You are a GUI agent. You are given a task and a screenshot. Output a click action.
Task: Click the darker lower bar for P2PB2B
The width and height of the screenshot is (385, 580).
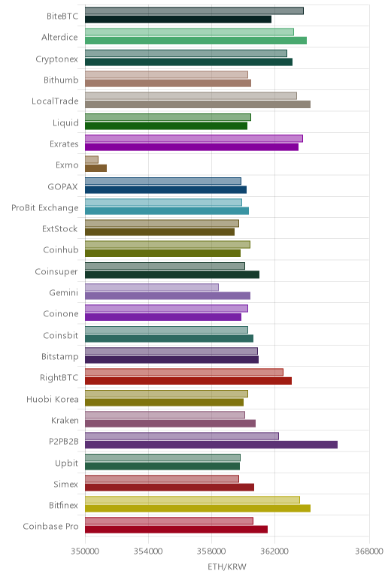click(211, 445)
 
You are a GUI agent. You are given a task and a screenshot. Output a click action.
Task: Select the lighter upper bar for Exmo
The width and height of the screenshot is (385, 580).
click(92, 159)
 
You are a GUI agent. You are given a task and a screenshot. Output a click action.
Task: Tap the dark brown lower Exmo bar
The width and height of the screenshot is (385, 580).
click(96, 168)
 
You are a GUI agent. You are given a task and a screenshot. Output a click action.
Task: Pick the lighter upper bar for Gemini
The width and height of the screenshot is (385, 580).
click(152, 287)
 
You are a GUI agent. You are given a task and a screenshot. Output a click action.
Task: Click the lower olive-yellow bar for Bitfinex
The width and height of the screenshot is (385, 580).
click(198, 508)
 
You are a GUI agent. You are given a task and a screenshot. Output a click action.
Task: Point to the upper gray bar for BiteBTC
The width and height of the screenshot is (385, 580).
click(194, 11)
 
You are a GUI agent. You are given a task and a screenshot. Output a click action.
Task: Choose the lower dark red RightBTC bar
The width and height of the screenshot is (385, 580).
click(189, 381)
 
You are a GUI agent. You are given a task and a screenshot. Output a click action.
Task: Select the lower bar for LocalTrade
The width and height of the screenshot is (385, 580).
click(198, 104)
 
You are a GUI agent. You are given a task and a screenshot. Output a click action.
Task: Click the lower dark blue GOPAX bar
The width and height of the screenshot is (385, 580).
click(166, 189)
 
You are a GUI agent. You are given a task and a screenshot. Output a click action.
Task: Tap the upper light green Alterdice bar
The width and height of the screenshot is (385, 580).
click(189, 32)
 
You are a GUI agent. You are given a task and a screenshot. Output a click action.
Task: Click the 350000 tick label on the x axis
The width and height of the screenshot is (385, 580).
click(85, 551)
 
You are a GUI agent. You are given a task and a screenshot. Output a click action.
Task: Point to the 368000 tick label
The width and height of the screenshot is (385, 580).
click(369, 551)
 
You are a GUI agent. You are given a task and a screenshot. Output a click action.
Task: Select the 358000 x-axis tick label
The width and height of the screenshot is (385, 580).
click(211, 551)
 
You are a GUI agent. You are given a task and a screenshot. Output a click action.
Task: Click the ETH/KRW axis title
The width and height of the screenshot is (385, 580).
click(227, 566)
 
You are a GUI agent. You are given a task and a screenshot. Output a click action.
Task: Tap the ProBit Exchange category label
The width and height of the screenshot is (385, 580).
click(45, 208)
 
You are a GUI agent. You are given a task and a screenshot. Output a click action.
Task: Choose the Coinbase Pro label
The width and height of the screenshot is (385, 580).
click(50, 526)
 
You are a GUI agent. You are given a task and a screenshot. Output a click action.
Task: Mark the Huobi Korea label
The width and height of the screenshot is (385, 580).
click(53, 399)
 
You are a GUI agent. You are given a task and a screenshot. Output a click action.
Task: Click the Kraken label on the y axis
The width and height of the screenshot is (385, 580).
click(65, 420)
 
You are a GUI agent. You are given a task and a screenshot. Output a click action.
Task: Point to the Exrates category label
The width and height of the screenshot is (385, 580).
click(64, 143)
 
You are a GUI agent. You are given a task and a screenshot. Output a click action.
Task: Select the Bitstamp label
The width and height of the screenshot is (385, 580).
click(60, 357)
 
